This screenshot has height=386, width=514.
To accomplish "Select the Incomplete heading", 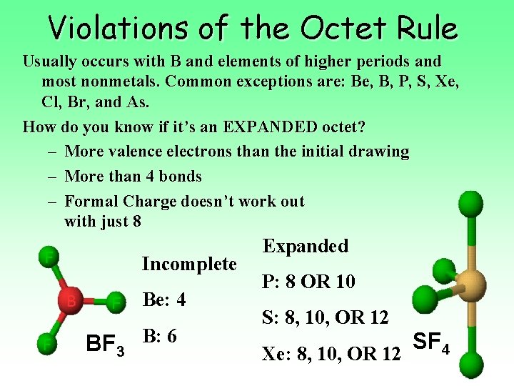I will coord(189,264).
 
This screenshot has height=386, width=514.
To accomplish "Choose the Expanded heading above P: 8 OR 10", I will coord(306,246).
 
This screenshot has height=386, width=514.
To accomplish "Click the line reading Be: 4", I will coord(164,300).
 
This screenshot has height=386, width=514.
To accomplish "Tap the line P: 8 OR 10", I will coord(308,282).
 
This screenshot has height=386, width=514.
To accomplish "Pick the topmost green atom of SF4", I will coord(470,204).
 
